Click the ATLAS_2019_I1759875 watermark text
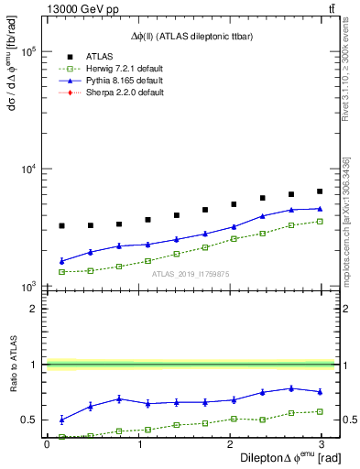click(x=190, y=273)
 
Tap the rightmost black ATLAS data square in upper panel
click(x=320, y=191)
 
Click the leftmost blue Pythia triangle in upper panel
click(x=61, y=261)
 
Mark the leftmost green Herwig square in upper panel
click(x=61, y=272)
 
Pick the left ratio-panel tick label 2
click(x=35, y=309)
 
